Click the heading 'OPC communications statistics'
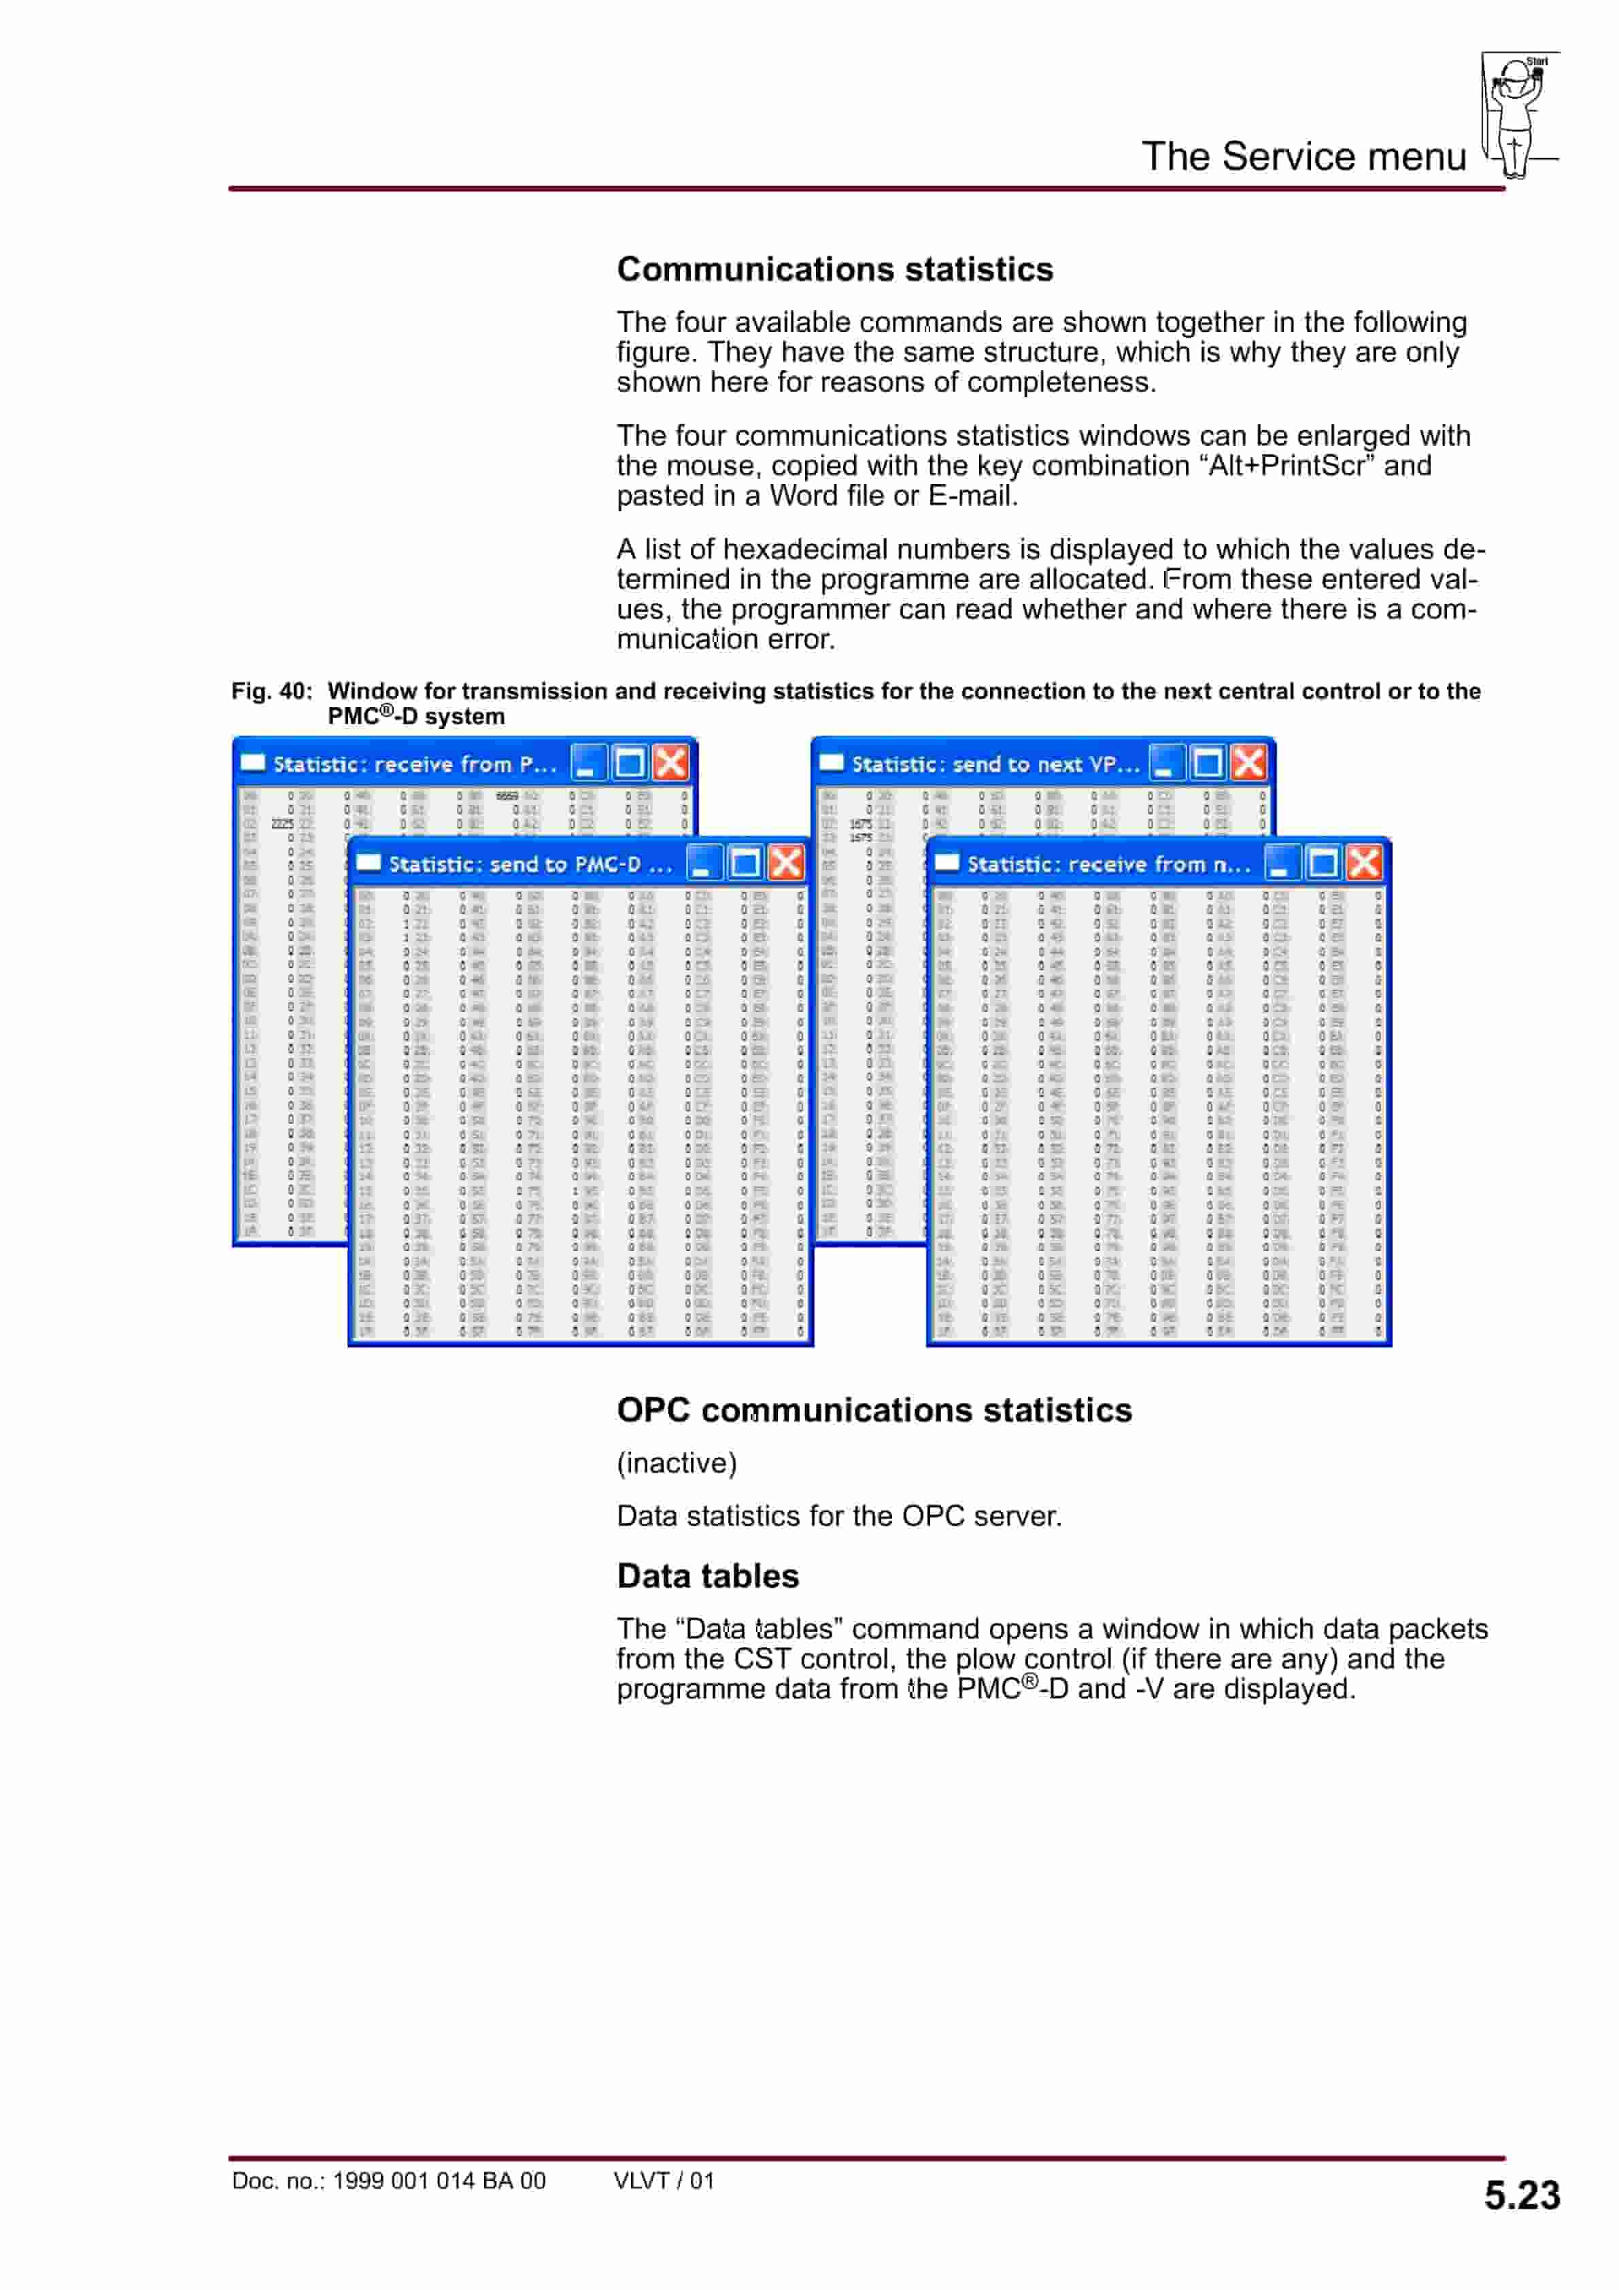click(874, 1409)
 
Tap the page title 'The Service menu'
click(1303, 156)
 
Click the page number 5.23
click(1521, 2195)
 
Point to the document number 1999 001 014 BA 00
click(438, 2181)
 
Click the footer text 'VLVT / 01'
click(664, 2181)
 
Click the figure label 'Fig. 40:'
click(271, 691)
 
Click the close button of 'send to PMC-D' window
click(787, 863)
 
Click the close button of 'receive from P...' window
click(671, 763)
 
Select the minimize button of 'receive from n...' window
click(1281, 863)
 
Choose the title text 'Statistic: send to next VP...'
click(995, 765)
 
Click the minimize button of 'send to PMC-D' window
click(703, 863)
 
